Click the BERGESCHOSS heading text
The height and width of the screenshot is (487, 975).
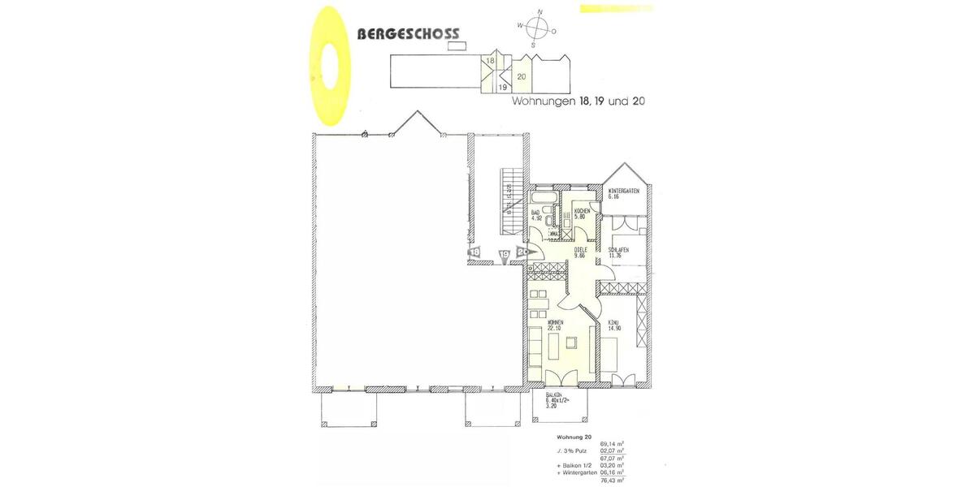(408, 34)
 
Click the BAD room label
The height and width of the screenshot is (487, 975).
(535, 215)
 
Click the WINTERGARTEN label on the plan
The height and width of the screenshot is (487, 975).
(624, 193)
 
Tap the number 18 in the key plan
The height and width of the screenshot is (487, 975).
(490, 61)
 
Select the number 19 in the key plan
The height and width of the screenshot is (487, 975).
(503, 86)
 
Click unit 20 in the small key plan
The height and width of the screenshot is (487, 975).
(522, 77)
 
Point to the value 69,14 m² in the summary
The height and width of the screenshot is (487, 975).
(612, 444)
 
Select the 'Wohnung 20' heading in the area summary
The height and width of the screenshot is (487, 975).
(561, 437)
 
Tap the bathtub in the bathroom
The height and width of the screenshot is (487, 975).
(540, 198)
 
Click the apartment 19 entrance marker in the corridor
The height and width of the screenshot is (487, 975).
(504, 254)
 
